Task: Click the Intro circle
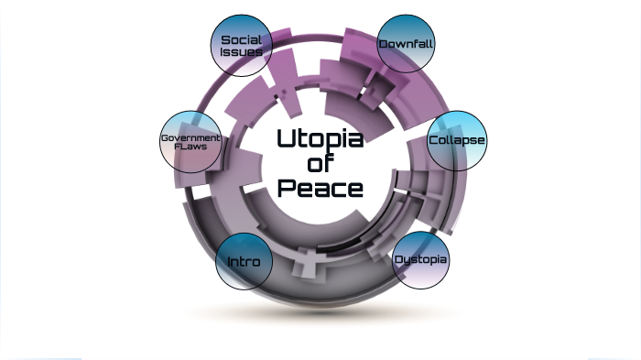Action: [244, 261]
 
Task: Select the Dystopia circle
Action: [421, 260]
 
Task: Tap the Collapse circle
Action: [457, 140]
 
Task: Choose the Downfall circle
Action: [407, 44]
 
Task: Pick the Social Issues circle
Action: [242, 46]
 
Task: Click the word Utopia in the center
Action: [320, 140]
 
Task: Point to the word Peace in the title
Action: [320, 190]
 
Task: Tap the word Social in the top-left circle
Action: [242, 39]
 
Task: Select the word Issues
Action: [242, 52]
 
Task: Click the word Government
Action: [190, 137]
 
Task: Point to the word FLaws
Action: [190, 147]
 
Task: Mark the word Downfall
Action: [407, 44]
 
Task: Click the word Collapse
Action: [457, 140]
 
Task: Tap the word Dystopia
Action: [421, 260]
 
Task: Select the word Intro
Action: [244, 262]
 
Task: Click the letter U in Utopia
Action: [285, 139]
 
